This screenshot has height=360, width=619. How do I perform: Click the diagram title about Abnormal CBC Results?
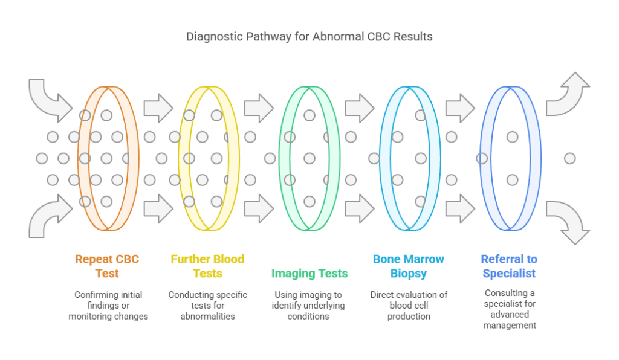tap(309, 36)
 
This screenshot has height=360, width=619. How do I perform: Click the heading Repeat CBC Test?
tap(107, 266)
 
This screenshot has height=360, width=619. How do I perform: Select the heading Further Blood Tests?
tap(207, 266)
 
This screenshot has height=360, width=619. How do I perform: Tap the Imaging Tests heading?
tap(309, 274)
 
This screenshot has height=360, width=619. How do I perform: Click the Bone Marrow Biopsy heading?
tap(409, 266)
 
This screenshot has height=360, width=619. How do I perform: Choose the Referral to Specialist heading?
tap(509, 266)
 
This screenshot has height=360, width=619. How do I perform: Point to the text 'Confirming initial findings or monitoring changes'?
tap(107, 305)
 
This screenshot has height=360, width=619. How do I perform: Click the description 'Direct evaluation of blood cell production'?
tap(409, 305)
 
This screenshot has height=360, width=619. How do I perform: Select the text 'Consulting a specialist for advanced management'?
tap(510, 309)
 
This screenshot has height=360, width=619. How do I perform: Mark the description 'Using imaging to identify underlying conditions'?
tap(309, 305)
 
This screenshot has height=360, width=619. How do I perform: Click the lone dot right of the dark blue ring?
tap(569, 158)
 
